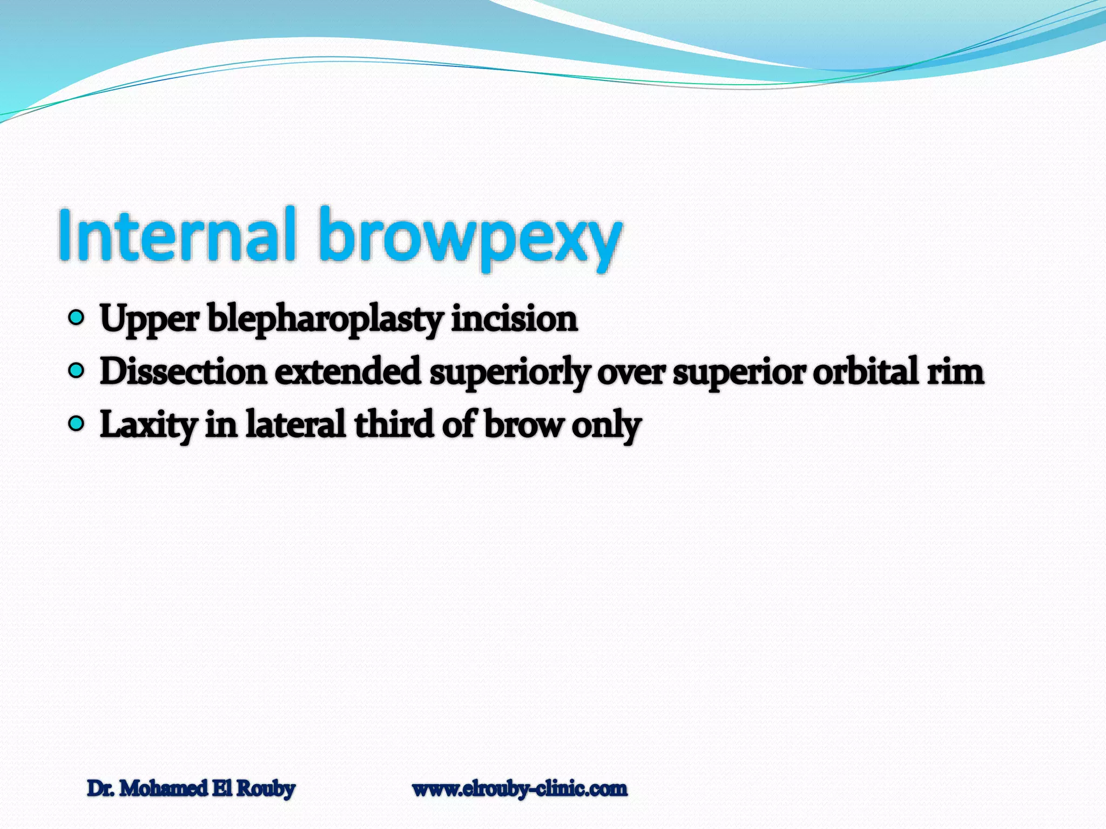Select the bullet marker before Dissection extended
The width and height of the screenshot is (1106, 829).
77,371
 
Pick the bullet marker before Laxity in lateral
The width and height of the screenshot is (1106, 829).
77,424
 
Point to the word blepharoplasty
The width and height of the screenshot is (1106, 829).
326,320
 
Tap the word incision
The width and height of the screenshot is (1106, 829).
514,318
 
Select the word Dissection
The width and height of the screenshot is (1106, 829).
183,372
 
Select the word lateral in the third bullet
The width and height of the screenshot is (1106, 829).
295,424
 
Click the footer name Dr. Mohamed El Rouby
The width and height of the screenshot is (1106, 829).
191,789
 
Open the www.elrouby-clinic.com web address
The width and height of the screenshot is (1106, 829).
520,789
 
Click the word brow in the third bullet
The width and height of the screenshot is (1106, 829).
523,424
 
